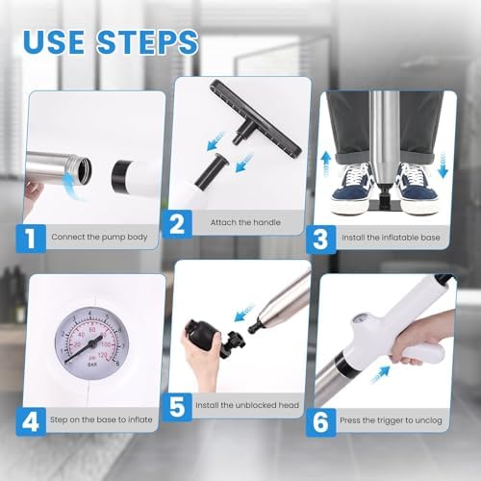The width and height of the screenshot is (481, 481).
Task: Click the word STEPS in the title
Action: coord(147,42)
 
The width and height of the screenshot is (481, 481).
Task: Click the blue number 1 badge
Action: coord(31,239)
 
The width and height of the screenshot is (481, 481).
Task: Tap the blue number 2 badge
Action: coord(177,224)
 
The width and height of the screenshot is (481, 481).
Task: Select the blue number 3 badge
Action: coord(320,240)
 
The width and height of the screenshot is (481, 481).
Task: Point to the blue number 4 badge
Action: coord(31,421)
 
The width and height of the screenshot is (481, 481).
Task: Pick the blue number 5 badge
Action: coord(177,407)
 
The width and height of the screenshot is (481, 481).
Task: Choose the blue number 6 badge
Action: coord(320,422)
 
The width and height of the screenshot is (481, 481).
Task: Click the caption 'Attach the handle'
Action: coord(245,222)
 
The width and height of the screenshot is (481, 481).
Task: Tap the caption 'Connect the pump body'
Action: coord(99,237)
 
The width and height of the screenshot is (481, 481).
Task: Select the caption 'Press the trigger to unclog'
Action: coord(391,420)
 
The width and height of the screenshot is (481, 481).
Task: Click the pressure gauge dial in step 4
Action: coord(92,343)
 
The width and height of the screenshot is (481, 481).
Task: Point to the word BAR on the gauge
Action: coord(92,365)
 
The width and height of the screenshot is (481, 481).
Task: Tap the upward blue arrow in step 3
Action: coord(326,165)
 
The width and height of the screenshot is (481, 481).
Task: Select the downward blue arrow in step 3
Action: coord(443,165)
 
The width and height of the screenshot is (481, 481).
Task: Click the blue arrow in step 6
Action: coord(381,374)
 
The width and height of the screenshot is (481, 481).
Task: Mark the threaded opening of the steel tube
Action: coord(84,169)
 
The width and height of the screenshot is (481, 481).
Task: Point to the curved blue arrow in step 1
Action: coord(71,185)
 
